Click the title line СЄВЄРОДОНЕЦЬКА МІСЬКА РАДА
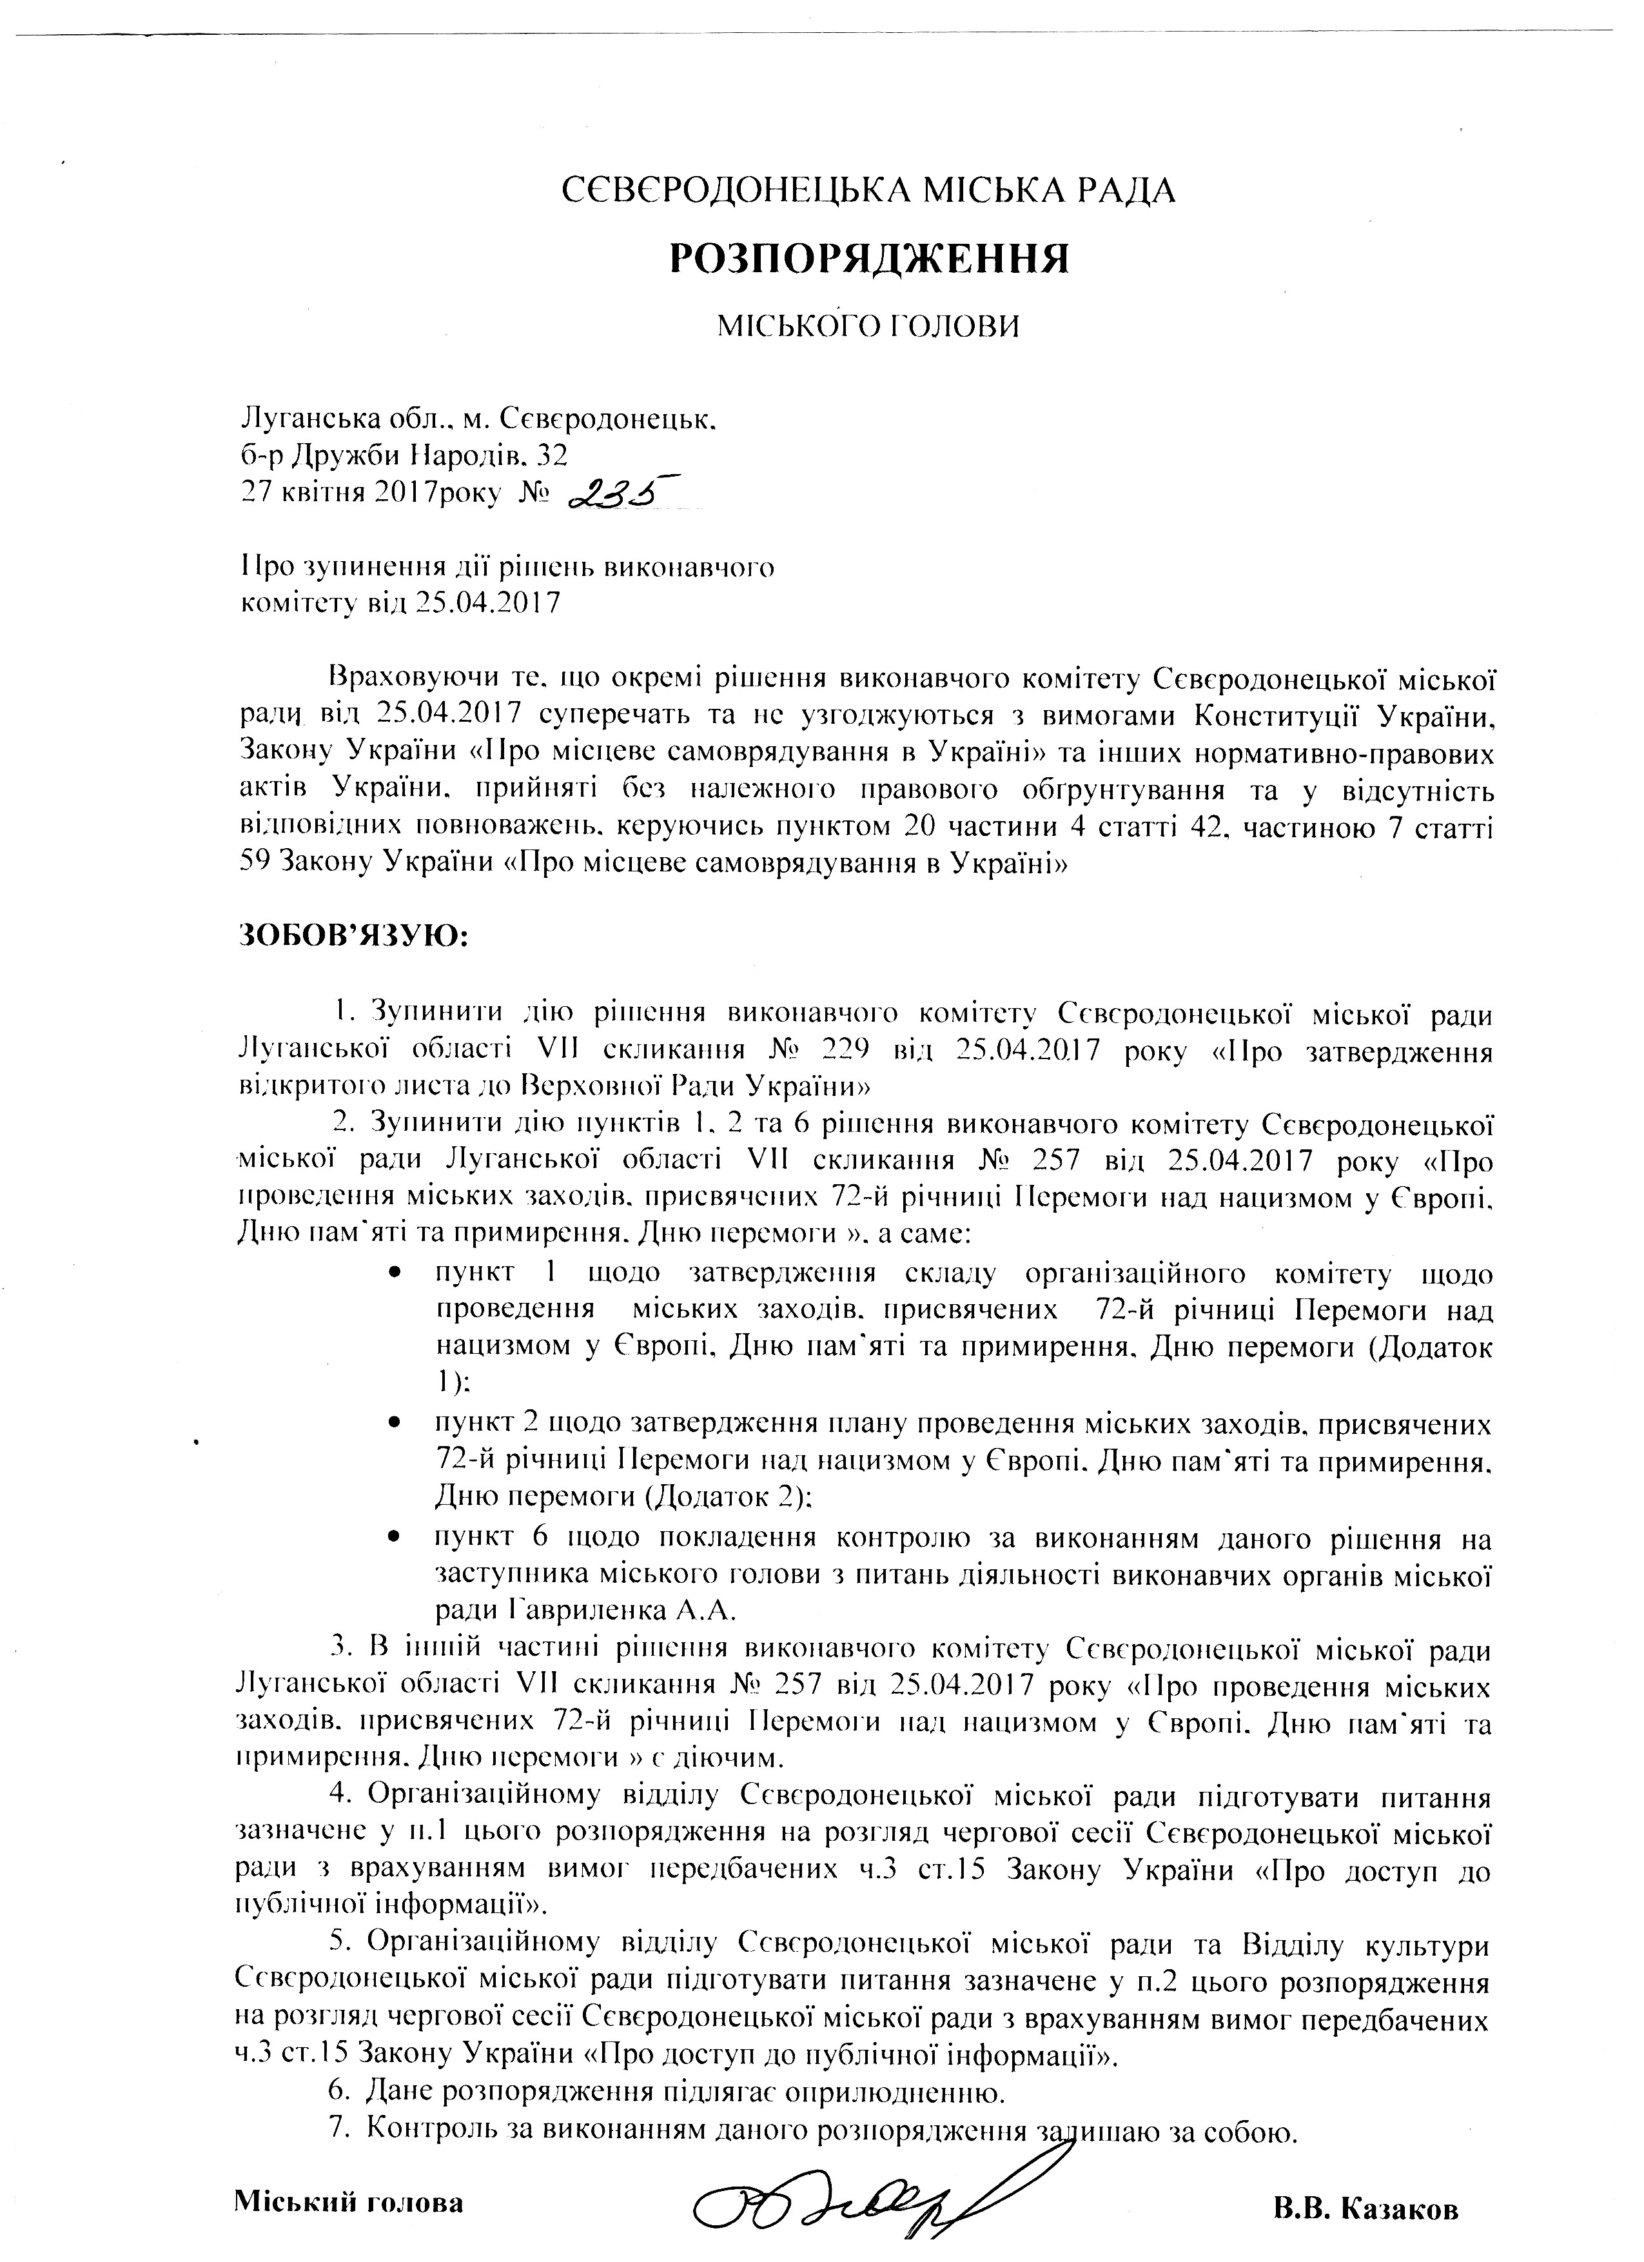[x=868, y=188]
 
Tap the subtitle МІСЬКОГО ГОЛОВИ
[x=868, y=326]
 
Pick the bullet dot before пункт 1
[x=396, y=1276]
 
